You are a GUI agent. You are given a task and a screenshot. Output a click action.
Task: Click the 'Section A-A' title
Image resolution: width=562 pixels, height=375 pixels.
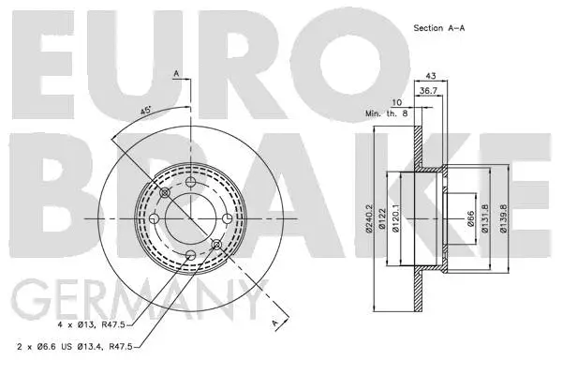pyautogui.click(x=440, y=28)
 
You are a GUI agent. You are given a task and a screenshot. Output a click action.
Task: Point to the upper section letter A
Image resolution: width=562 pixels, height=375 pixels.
pyautogui.click(x=175, y=72)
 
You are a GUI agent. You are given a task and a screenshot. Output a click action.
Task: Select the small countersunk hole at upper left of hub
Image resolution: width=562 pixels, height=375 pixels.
pyautogui.click(x=165, y=193)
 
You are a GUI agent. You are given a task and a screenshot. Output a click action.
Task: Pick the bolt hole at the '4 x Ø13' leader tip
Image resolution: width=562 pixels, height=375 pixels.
pyautogui.click(x=191, y=254)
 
